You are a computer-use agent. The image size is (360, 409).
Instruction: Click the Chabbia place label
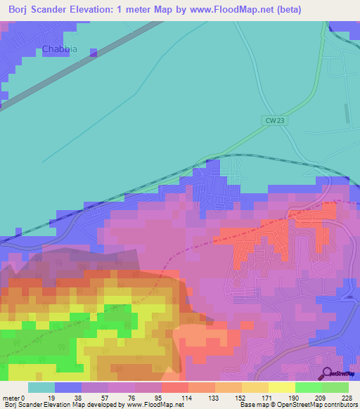[60, 49]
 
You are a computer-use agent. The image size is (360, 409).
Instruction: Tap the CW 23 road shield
[276, 120]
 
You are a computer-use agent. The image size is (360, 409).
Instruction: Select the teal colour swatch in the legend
[41, 387]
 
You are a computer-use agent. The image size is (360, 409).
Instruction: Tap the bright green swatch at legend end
[335, 387]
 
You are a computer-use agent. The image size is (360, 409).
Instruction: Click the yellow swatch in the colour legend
[281, 387]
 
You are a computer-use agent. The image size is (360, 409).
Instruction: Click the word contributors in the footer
[340, 405]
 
